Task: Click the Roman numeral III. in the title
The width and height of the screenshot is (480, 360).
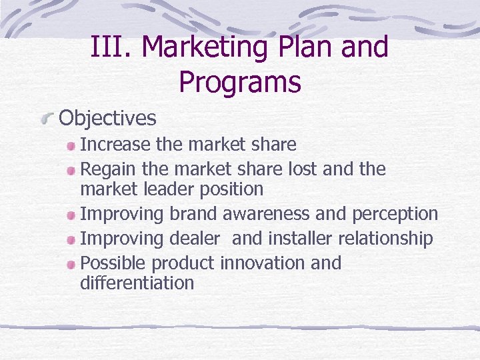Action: (111, 48)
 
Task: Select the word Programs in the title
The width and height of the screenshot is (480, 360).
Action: (240, 82)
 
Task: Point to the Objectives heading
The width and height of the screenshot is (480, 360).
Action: (108, 119)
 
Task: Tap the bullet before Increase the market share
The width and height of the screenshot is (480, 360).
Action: (71, 145)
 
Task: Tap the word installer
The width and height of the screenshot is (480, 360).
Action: (299, 238)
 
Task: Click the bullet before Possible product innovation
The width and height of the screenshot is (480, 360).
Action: (71, 264)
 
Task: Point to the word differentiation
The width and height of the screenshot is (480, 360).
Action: (137, 283)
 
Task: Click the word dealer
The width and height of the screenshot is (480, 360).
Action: (195, 238)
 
